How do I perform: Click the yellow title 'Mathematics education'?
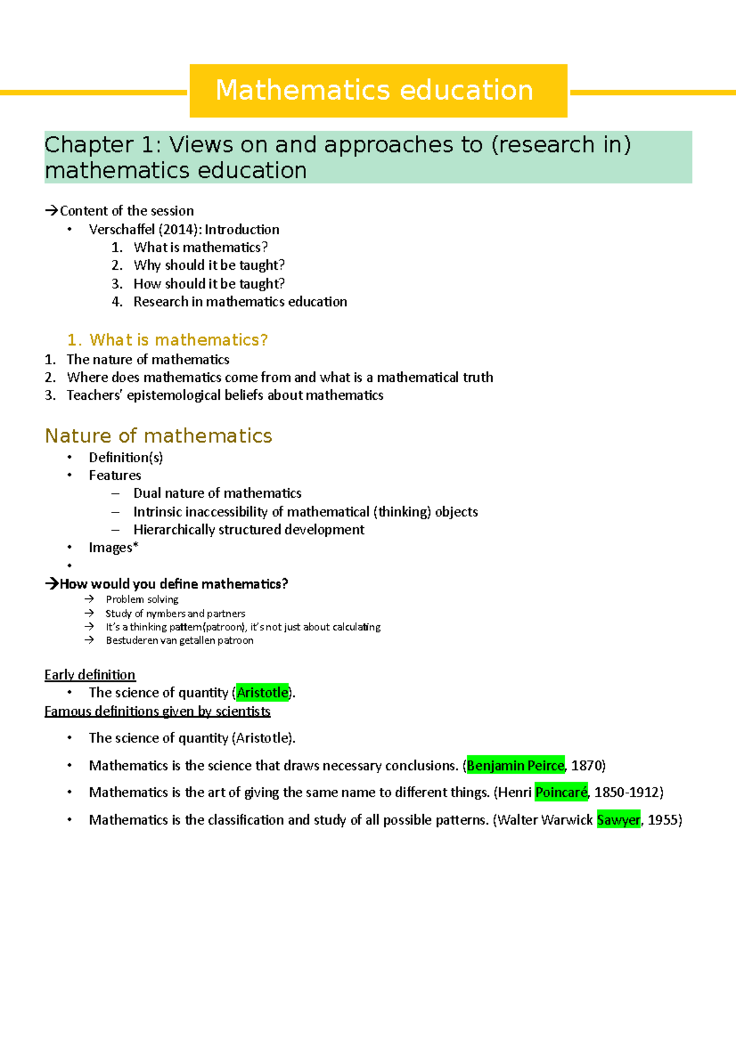coord(374,90)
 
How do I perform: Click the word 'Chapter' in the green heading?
coord(87,145)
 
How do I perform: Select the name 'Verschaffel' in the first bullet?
coord(121,229)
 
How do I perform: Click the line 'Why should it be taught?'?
coord(209,265)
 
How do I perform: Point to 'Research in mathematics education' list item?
coord(240,302)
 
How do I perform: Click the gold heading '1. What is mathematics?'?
coord(167,340)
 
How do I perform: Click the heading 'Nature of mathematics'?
coord(158,436)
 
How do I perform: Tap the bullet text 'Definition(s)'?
coord(126,457)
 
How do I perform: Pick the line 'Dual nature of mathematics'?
coord(217,493)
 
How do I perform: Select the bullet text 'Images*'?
coord(113,547)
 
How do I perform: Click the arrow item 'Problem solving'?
coord(142,600)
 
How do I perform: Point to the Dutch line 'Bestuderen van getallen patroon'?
coord(179,641)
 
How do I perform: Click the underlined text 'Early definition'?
coord(90,675)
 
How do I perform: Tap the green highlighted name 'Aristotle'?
coord(263,693)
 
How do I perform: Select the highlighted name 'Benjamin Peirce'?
coord(515,766)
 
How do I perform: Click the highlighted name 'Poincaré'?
coord(561,793)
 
